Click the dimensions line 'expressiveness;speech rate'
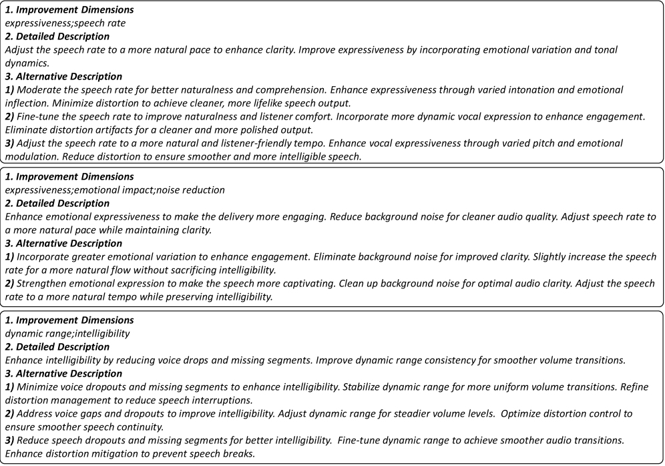click(x=65, y=23)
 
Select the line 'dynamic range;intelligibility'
click(x=67, y=333)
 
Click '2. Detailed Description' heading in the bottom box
click(x=57, y=346)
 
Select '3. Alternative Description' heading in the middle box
click(x=63, y=243)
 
